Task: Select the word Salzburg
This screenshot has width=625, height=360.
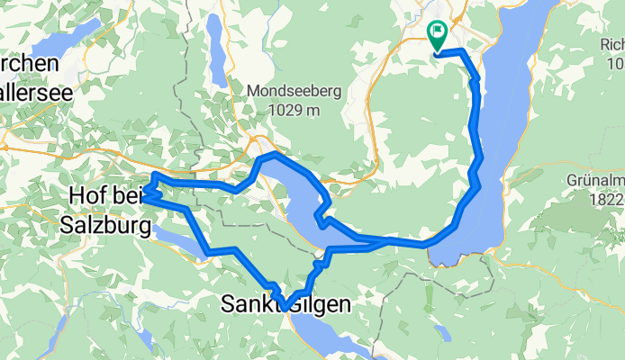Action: pyautogui.click(x=105, y=226)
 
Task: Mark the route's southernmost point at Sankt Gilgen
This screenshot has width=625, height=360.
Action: pyautogui.click(x=284, y=308)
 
